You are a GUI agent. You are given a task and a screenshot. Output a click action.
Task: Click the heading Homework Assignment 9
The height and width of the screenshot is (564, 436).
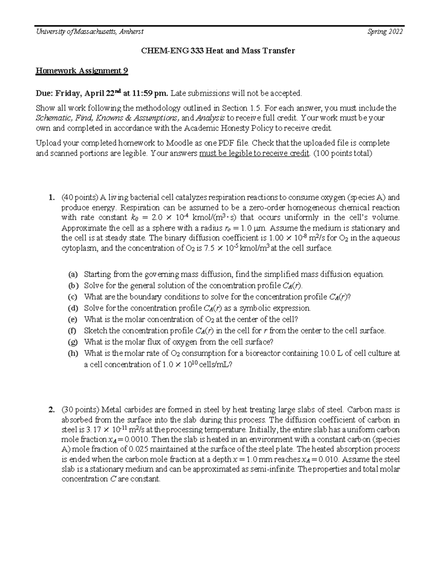click(x=81, y=71)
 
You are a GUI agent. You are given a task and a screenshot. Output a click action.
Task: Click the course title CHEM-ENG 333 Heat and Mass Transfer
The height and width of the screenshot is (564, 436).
click(x=218, y=51)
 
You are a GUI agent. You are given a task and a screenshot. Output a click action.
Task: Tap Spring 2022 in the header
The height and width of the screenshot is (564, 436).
click(x=385, y=32)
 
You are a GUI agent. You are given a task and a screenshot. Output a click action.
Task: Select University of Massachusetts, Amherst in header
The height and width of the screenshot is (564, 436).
click(x=89, y=32)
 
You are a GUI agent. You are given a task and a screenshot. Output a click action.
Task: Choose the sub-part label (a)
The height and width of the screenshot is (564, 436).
click(x=73, y=275)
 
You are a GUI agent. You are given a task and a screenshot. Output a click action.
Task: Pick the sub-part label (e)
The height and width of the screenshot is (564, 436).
click(x=73, y=320)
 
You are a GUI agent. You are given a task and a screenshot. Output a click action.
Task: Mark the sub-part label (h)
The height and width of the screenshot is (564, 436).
click(x=73, y=353)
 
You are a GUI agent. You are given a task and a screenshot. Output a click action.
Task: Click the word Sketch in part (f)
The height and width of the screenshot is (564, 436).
click(x=96, y=331)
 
